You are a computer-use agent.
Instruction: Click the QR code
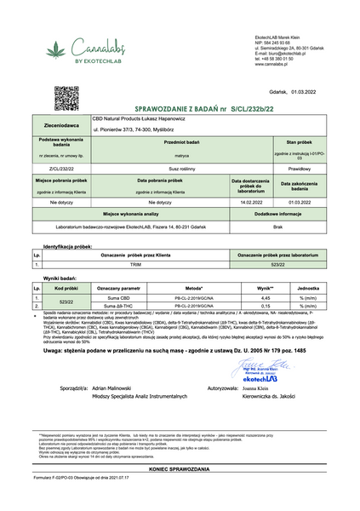click(x=66, y=97)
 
